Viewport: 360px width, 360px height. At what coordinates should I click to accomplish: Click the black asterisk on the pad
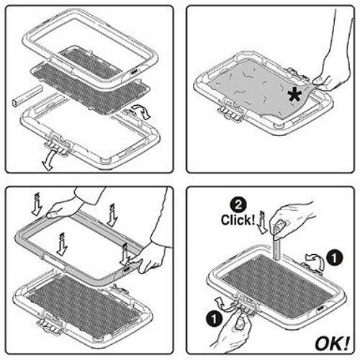[x=294, y=95]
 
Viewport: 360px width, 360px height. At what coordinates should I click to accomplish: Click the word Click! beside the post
[x=238, y=220]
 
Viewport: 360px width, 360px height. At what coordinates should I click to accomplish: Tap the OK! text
[x=332, y=343]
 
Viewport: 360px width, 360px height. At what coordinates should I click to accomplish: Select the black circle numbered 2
[x=238, y=204]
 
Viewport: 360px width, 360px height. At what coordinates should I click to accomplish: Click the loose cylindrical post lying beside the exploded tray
[x=27, y=96]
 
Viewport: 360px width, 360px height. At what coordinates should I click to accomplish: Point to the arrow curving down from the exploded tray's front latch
[x=49, y=161]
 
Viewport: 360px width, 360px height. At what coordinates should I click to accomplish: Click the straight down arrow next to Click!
[x=262, y=222]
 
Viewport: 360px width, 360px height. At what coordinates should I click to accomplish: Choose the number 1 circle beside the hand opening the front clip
[x=214, y=319]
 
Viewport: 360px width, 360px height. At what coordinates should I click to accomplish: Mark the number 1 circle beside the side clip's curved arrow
[x=335, y=258]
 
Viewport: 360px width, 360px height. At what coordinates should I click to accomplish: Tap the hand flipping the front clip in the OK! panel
[x=233, y=330]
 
